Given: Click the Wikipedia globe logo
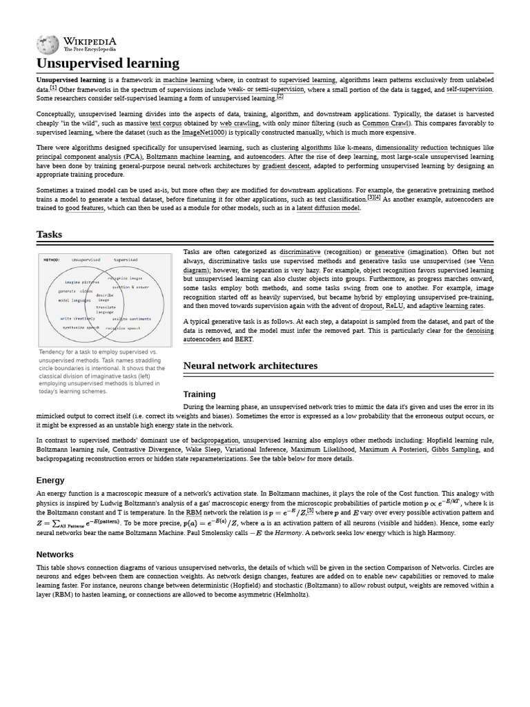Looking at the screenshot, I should [48, 45].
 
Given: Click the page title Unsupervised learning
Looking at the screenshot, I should [108, 64].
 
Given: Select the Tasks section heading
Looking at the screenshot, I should [50, 235].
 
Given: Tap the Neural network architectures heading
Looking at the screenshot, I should [250, 365].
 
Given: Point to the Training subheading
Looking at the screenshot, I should [199, 394].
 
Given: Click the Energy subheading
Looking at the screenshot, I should [50, 480].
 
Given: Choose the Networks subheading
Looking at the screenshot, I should [55, 554].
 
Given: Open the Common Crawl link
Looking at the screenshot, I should [385, 123].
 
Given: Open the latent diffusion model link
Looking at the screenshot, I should [328, 208].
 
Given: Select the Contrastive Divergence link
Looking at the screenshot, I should [144, 449].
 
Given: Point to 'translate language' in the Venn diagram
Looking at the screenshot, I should [105, 309].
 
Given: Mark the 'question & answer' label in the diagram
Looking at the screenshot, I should [130, 287].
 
